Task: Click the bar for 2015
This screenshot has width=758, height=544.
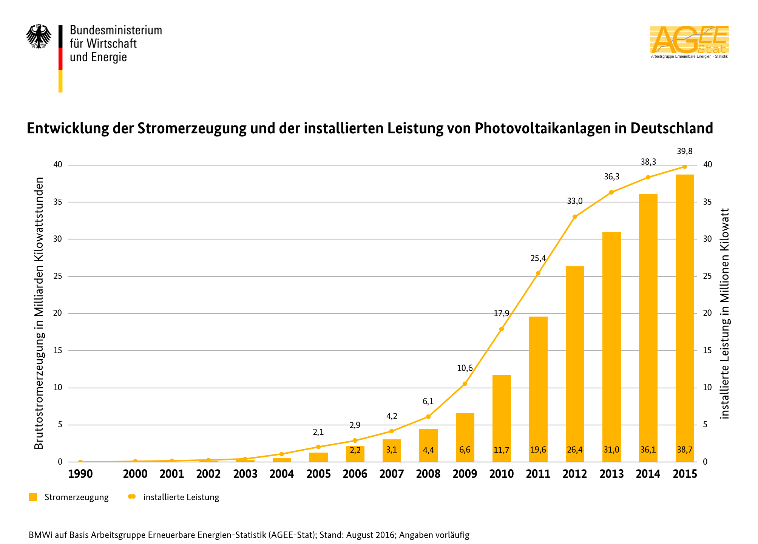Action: [x=684, y=317]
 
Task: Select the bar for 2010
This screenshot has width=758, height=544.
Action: [x=502, y=416]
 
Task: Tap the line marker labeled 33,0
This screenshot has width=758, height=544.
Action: [x=575, y=217]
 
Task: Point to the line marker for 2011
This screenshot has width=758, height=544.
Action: [x=538, y=273]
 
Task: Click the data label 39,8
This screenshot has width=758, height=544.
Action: [x=684, y=151]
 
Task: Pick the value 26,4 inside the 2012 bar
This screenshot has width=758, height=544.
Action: [x=575, y=450]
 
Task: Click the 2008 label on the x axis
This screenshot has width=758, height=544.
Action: [x=428, y=474]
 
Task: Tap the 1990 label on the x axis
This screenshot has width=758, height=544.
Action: [x=80, y=474]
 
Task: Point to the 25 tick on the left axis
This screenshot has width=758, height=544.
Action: [x=57, y=276]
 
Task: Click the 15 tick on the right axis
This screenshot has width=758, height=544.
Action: [x=707, y=351]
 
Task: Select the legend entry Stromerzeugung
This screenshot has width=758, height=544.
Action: [x=76, y=497]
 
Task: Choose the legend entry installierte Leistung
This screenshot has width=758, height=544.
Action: [x=181, y=497]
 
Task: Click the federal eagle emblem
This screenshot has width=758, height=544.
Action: [x=39, y=37]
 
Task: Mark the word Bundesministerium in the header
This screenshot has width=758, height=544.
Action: [x=116, y=30]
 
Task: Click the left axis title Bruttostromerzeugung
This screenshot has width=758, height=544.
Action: [x=39, y=313]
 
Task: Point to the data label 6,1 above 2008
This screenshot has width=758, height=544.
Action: [x=428, y=402]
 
